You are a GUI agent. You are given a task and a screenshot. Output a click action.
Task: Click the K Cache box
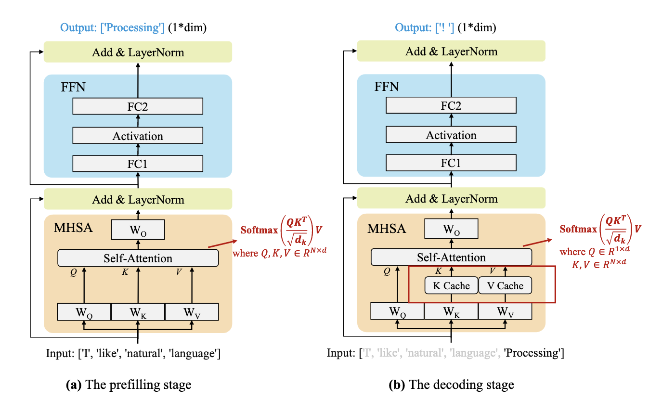pyautogui.click(x=451, y=286)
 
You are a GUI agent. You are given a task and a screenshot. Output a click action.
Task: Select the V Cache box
pyautogui.click(x=505, y=286)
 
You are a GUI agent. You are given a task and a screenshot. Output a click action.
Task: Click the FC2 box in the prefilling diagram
pyautogui.click(x=138, y=106)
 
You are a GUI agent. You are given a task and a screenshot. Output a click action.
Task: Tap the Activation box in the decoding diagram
pyautogui.click(x=451, y=135)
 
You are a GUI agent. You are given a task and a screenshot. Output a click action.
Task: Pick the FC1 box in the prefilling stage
pyautogui.click(x=138, y=164)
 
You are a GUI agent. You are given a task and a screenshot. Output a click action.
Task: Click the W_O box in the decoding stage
pyautogui.click(x=451, y=229)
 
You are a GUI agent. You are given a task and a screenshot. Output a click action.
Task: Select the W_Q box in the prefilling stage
pyautogui.click(x=84, y=312)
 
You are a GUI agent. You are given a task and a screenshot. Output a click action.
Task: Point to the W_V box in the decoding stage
pyautogui.click(x=505, y=311)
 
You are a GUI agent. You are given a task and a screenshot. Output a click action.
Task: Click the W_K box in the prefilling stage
pyautogui.click(x=138, y=312)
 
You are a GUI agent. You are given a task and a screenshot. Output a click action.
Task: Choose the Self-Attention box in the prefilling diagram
pyautogui.click(x=138, y=258)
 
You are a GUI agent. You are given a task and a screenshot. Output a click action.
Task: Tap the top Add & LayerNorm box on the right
pyautogui.click(x=451, y=51)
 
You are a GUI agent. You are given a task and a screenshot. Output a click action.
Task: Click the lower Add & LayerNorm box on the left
pyautogui.click(x=138, y=199)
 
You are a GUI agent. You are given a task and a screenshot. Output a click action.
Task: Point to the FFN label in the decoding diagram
pyautogui.click(x=387, y=87)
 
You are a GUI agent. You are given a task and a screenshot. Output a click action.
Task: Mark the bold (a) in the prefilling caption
pyautogui.click(x=75, y=385)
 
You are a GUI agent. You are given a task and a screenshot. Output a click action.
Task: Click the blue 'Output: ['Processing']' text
pyautogui.click(x=113, y=27)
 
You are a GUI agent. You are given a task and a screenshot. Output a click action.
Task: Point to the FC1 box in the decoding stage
pyautogui.click(x=451, y=164)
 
